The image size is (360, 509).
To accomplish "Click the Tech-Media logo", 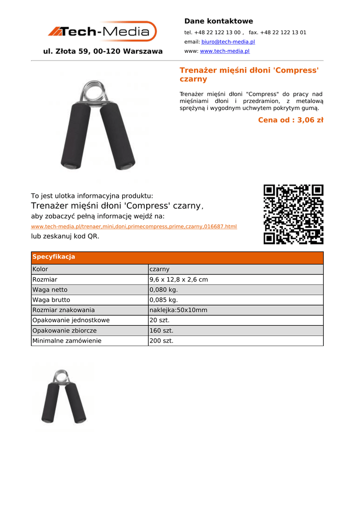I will (x=102, y=32).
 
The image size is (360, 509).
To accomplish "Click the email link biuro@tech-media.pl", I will (x=228, y=42).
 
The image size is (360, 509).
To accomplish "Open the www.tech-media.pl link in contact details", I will (x=225, y=51).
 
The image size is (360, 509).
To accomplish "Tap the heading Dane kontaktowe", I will (x=218, y=21).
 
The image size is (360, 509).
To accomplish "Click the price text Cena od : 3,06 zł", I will (x=290, y=120).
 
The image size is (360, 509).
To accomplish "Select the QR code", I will (x=293, y=214).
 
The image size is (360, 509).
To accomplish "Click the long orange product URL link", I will (x=134, y=227).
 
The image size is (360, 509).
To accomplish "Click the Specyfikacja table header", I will (x=54, y=257).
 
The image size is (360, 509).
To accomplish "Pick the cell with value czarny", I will (x=160, y=269).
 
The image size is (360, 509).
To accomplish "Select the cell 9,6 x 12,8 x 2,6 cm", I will (x=179, y=280).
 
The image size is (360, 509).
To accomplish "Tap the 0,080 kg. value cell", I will (x=164, y=290).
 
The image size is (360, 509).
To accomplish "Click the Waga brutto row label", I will (x=51, y=300).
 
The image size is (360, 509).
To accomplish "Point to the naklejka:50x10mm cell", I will (x=178, y=310).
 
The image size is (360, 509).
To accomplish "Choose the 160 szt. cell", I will (x=162, y=331).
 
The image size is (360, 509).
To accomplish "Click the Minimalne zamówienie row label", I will (x=67, y=341).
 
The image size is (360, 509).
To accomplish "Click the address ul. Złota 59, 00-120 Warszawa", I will (x=103, y=51).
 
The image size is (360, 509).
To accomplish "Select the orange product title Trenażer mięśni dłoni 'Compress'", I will (x=249, y=70).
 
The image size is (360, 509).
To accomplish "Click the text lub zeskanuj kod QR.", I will (x=65, y=236).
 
